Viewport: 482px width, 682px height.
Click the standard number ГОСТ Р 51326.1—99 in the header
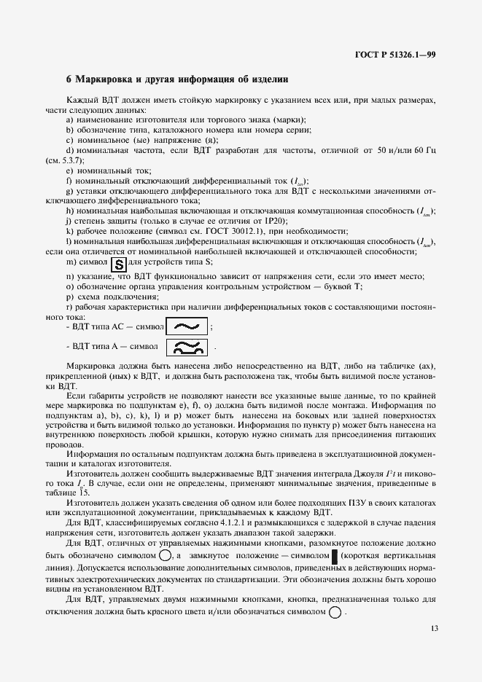pos(395,55)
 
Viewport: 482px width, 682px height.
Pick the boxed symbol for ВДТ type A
pos(187,347)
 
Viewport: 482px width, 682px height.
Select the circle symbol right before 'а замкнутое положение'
pos(165,557)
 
